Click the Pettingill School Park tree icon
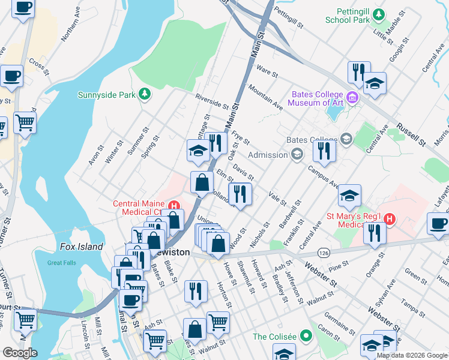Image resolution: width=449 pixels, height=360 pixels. coord(378,14)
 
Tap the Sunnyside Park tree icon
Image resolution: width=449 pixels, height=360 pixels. coord(144,94)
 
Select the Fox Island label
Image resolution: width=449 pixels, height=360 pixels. coord(82,247)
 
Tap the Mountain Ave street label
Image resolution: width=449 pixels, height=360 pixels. coord(265,97)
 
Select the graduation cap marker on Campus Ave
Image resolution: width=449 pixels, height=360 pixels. coord(349,196)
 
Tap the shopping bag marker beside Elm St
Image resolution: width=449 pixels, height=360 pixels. coord(202,182)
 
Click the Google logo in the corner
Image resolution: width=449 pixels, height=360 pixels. coord(19,352)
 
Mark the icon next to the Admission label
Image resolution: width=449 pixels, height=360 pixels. coord(297,155)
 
